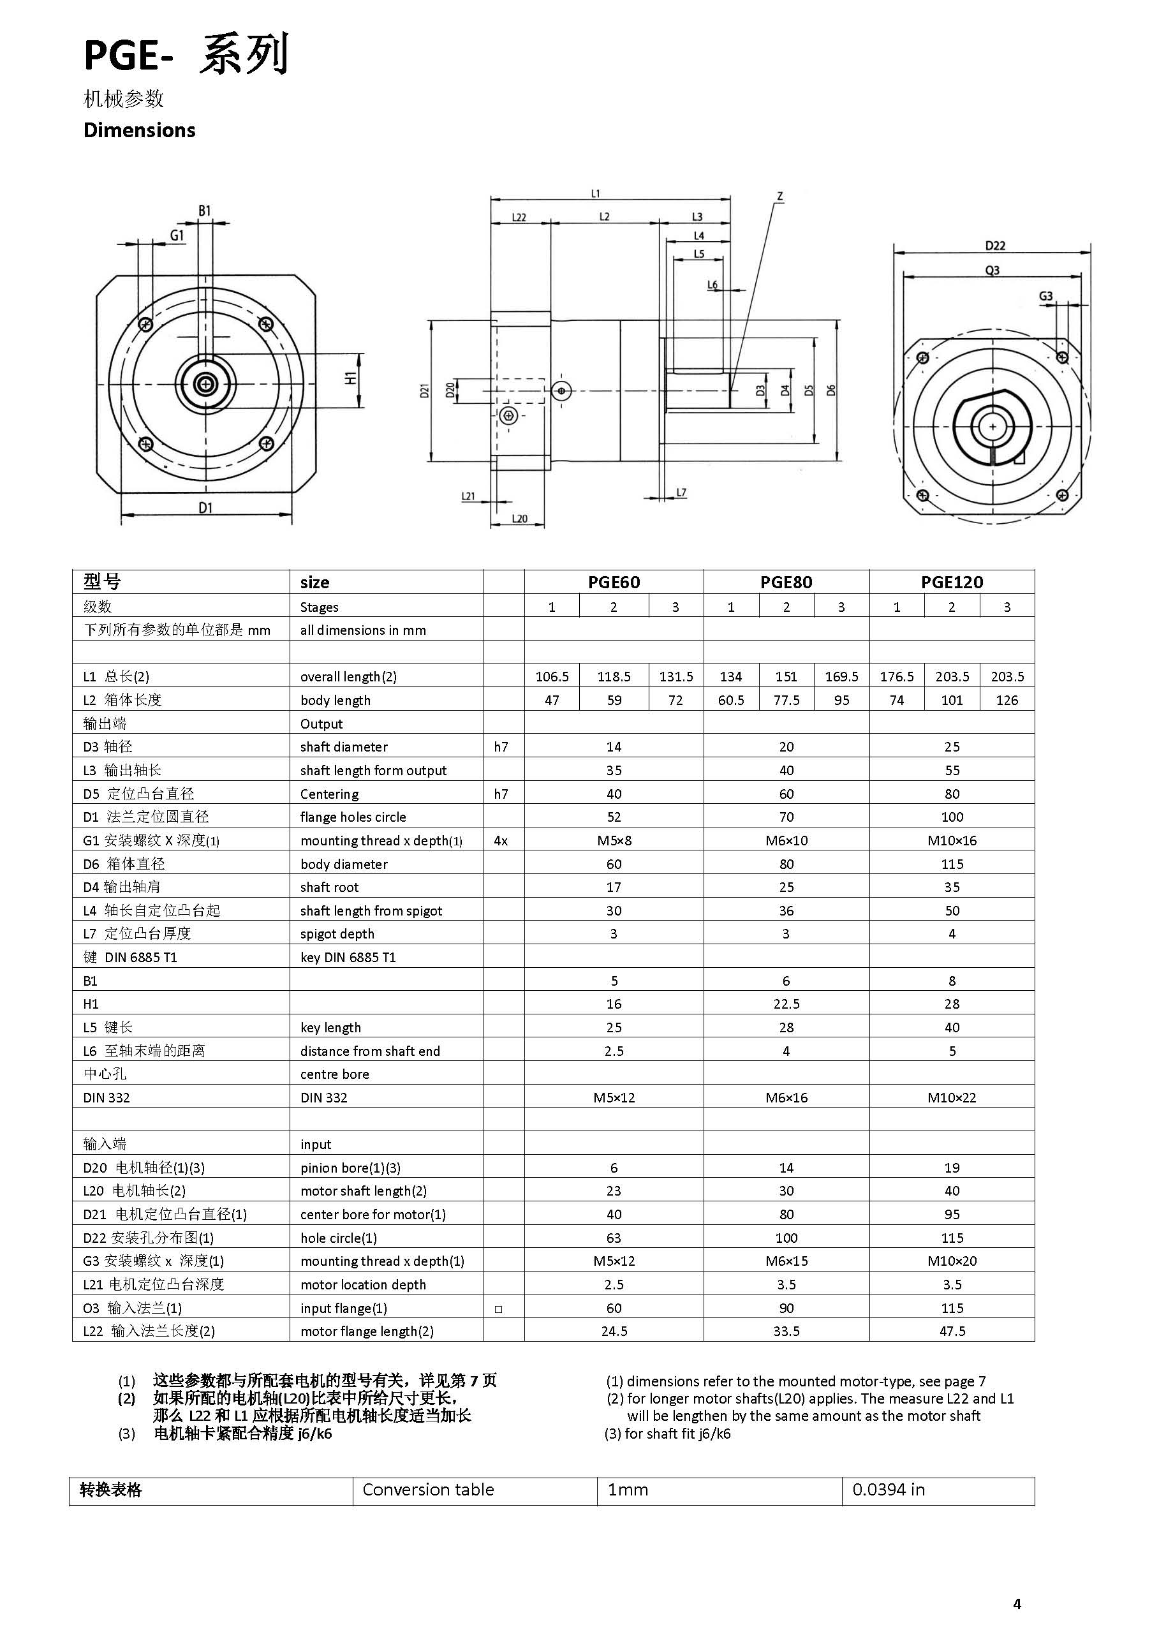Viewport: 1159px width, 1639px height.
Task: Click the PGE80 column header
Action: pyautogui.click(x=786, y=582)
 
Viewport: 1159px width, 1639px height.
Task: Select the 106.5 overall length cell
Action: pyautogui.click(x=552, y=676)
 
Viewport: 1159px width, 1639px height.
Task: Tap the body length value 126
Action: pyautogui.click(x=1007, y=700)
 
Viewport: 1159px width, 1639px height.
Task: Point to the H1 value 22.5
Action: pyautogui.click(x=786, y=1004)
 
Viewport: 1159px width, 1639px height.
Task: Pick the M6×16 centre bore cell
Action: pyautogui.click(x=786, y=1097)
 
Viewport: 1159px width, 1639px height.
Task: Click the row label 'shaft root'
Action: pyautogui.click(x=329, y=887)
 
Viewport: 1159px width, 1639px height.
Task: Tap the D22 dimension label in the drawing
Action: pyautogui.click(x=995, y=246)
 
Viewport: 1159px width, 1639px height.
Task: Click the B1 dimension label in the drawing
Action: pyautogui.click(x=205, y=211)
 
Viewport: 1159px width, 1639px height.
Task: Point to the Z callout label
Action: pyautogui.click(x=780, y=196)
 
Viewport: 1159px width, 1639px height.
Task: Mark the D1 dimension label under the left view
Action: pyautogui.click(x=205, y=508)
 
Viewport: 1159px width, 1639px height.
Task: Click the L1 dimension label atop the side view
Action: pyautogui.click(x=596, y=193)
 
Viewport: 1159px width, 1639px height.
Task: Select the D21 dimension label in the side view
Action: pyautogui.click(x=425, y=390)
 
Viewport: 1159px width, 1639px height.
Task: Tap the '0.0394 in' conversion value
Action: pyautogui.click(x=888, y=1489)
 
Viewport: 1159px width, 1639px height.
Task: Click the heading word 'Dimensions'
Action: pyautogui.click(x=139, y=130)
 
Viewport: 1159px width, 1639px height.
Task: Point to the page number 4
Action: pyautogui.click(x=1017, y=1603)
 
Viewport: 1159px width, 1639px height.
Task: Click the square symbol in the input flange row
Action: pyautogui.click(x=498, y=1309)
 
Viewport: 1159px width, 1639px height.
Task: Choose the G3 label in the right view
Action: pyautogui.click(x=1045, y=295)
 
